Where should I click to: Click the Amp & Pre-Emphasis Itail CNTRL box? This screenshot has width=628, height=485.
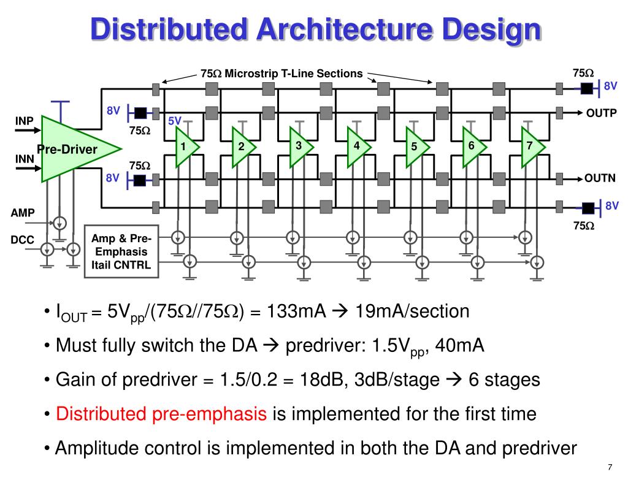[x=120, y=251]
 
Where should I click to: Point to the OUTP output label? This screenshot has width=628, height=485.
[x=601, y=113]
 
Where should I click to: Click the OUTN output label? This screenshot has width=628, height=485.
[x=600, y=178]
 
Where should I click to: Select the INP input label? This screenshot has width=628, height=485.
[x=25, y=120]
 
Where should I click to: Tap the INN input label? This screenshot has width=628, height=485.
[x=25, y=159]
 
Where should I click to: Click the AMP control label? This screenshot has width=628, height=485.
[x=23, y=213]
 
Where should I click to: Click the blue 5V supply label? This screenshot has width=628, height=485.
[x=175, y=121]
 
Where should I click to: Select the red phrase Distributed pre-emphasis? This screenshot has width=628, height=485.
[x=161, y=414]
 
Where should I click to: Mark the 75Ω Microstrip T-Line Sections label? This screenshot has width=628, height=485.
[x=281, y=74]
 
